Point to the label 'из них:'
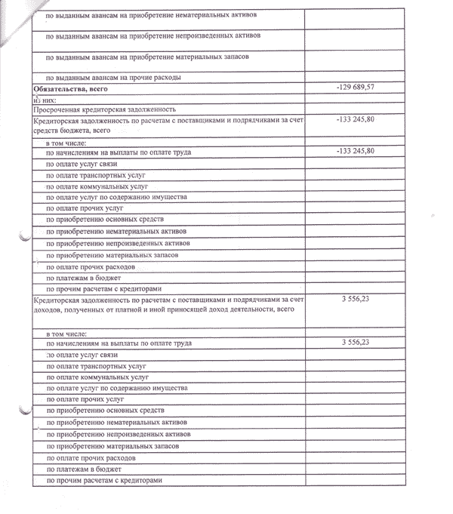(x=45, y=99)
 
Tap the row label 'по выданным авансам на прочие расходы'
(x=113, y=78)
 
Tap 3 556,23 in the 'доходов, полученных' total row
(x=357, y=300)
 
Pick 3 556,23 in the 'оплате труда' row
(x=357, y=343)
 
